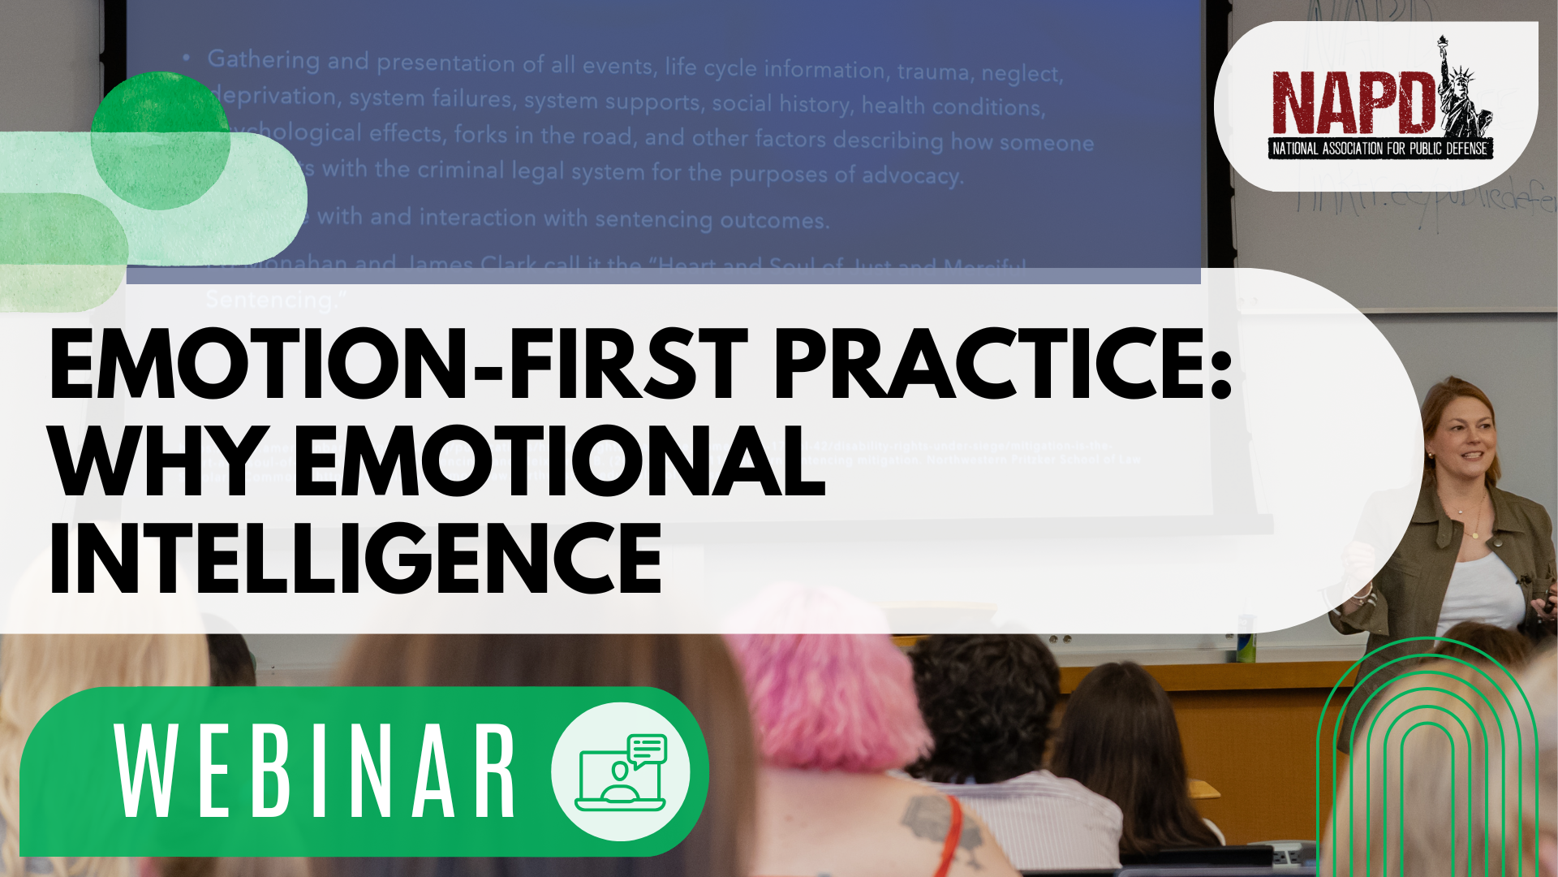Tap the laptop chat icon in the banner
(621, 771)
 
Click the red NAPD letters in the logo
(1351, 104)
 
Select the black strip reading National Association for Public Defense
(1379, 149)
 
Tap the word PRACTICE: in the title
(1002, 365)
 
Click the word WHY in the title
(158, 463)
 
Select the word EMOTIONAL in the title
(560, 463)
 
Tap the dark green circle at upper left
(160, 140)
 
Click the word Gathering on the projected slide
(264, 59)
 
